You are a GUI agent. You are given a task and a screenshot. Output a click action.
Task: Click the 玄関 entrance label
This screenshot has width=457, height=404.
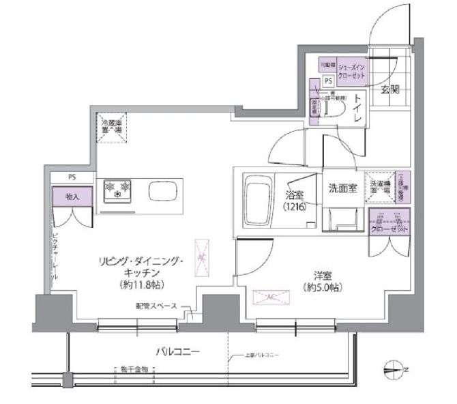[390, 89]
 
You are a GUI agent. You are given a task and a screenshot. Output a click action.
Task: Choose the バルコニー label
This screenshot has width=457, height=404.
[176, 352]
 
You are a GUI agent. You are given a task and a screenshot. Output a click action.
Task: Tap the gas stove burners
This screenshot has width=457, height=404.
[117, 190]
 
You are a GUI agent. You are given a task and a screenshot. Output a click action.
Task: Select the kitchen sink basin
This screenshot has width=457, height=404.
[162, 191]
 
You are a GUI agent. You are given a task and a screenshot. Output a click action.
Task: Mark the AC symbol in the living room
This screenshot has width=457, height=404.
[202, 258]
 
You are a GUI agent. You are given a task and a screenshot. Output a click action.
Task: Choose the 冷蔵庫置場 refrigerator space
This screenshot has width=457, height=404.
[111, 128]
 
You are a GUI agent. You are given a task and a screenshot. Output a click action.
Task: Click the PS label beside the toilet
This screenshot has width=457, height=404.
[328, 81]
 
